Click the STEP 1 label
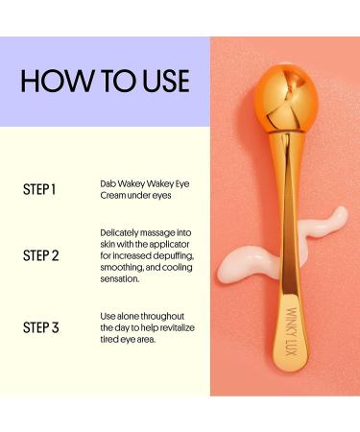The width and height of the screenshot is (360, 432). [39, 189]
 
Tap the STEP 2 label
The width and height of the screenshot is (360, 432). [40, 256]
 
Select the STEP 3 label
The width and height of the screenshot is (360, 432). [40, 327]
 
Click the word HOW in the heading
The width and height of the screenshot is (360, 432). [56, 81]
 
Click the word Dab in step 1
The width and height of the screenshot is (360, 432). [108, 182]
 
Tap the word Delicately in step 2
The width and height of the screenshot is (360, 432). [122, 233]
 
